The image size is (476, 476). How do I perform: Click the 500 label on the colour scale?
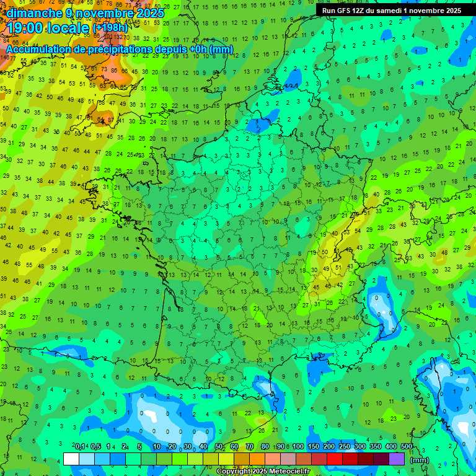coord(407,447)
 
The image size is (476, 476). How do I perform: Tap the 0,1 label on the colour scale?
coord(80,447)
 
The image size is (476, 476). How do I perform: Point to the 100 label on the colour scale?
coord(298,447)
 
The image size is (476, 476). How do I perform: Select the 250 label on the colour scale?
coord(345,447)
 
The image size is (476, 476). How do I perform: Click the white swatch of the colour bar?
coord(71,459)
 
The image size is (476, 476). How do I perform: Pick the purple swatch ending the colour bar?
coord(397,459)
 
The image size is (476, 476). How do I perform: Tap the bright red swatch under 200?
coord(335,459)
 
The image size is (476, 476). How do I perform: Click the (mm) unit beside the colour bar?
coord(420,460)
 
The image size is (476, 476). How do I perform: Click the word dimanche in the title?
coord(34,13)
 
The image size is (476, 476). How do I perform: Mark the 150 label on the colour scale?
coord(314,447)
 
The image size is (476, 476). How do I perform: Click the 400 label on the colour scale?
coord(391,447)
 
